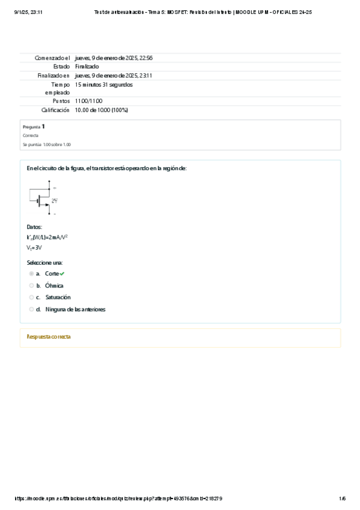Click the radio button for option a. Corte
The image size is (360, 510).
(x=31, y=274)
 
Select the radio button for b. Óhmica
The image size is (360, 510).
(x=31, y=286)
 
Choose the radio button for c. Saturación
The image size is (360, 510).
(x=31, y=297)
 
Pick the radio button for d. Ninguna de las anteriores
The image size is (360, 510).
(x=31, y=309)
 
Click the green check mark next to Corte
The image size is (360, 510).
(x=62, y=274)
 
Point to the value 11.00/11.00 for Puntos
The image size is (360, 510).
(x=89, y=101)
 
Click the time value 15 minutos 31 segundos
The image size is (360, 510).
(x=104, y=85)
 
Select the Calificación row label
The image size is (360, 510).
(x=55, y=110)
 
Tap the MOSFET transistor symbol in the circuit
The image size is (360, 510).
(x=43, y=200)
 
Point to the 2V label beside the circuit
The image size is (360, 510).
(x=54, y=200)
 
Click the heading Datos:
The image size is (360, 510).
(x=34, y=227)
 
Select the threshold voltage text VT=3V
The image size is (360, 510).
(x=34, y=247)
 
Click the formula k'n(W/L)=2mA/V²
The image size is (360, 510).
(x=47, y=238)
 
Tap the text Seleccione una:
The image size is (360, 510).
(x=44, y=263)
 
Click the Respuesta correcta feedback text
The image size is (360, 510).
(x=49, y=337)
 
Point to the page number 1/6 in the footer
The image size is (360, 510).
(x=342, y=499)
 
